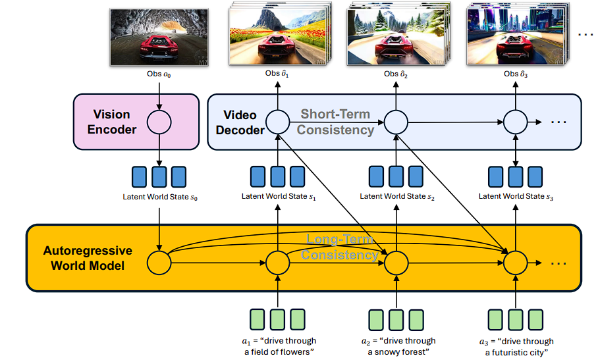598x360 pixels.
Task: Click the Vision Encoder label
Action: click(x=112, y=122)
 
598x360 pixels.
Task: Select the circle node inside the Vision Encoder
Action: click(x=159, y=122)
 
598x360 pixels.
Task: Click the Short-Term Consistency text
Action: click(x=335, y=122)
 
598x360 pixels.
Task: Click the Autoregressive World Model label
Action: click(x=88, y=258)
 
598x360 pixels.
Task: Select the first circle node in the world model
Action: click(x=159, y=263)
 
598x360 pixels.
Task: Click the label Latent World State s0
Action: click(x=159, y=196)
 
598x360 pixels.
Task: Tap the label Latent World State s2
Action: click(x=396, y=196)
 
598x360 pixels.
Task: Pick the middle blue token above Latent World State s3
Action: click(x=515, y=176)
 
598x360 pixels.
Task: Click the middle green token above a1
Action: click(x=278, y=319)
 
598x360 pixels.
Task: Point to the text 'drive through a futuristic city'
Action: click(x=516, y=347)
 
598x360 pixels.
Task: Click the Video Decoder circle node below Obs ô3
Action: click(x=515, y=122)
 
